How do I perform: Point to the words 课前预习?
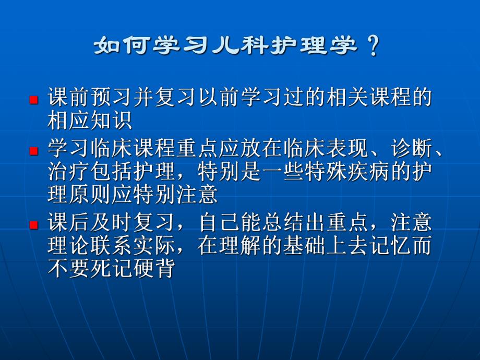click(x=86, y=98)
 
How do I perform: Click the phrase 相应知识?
click(x=86, y=121)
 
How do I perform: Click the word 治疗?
click(x=66, y=172)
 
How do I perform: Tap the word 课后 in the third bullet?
click(x=66, y=223)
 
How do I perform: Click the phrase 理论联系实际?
click(x=104, y=246)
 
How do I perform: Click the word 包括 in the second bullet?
click(x=104, y=172)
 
